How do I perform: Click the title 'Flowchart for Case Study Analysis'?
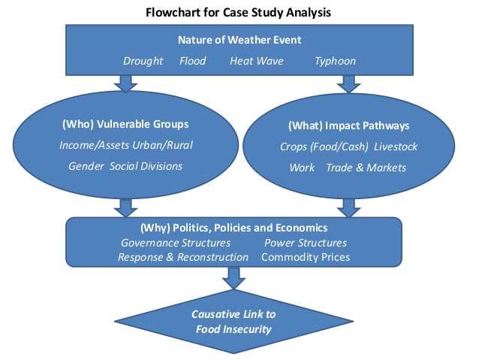pyautogui.click(x=239, y=13)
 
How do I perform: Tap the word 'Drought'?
pyautogui.click(x=143, y=61)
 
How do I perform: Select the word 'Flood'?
pyautogui.click(x=192, y=61)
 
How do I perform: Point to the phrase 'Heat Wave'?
pyautogui.click(x=256, y=61)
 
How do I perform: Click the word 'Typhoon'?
pyautogui.click(x=335, y=61)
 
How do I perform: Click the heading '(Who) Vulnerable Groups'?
pyautogui.click(x=125, y=124)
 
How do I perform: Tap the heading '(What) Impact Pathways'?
pyautogui.click(x=348, y=126)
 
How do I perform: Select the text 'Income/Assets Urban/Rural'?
pyautogui.click(x=125, y=145)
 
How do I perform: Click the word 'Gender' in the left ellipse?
pyautogui.click(x=86, y=166)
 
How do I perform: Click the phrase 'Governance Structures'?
pyautogui.click(x=176, y=243)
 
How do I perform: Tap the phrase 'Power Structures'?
pyautogui.click(x=306, y=243)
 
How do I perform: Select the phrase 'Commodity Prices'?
pyautogui.click(x=306, y=257)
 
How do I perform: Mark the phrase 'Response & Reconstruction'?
pyautogui.click(x=182, y=257)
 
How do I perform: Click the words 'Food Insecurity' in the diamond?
pyautogui.click(x=232, y=329)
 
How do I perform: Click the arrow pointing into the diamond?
pyautogui.click(x=233, y=278)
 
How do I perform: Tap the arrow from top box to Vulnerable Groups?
pyautogui.click(x=125, y=83)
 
